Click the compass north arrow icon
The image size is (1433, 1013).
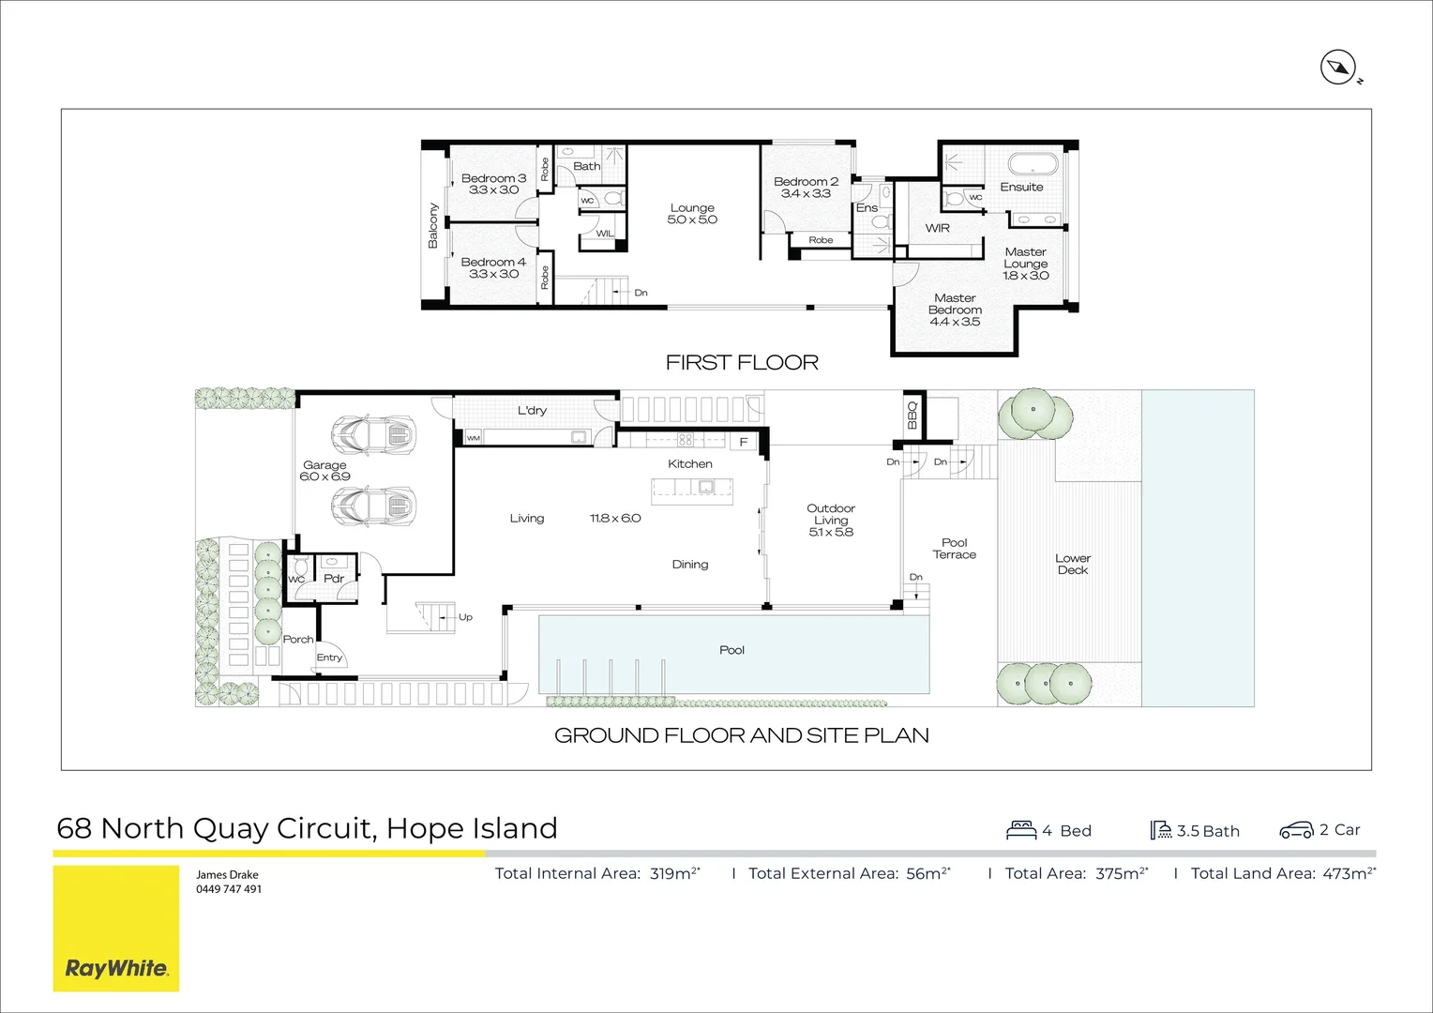[x=1338, y=68]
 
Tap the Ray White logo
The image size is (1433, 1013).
[x=116, y=968]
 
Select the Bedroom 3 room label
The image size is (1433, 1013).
[x=493, y=178]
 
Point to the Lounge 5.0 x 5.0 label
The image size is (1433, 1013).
[x=692, y=214]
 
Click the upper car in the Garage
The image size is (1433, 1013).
[x=372, y=433]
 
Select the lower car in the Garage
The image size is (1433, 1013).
[x=372, y=506]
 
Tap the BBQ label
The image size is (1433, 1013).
[x=912, y=415]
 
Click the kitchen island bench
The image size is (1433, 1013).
[x=692, y=487]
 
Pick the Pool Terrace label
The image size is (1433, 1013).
[x=954, y=549]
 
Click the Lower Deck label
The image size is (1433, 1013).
[x=1072, y=564]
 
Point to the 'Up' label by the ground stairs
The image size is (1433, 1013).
[x=465, y=617]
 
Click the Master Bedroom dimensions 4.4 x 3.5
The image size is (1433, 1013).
[x=955, y=322]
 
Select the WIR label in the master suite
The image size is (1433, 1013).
[x=937, y=228]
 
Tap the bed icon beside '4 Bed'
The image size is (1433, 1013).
[x=1020, y=830]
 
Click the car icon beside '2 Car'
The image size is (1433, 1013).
[x=1296, y=830]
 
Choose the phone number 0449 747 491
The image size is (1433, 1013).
[x=228, y=889]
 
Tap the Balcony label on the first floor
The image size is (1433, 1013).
[x=433, y=225]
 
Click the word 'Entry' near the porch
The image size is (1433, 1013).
[x=329, y=658]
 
